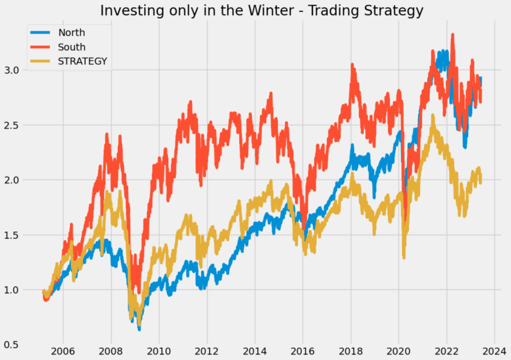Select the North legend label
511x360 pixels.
pos(71,33)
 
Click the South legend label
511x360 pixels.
pos(72,47)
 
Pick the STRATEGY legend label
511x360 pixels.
pos(83,62)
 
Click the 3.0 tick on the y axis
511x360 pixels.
pos(16,70)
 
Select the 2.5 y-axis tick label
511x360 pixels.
pos(16,125)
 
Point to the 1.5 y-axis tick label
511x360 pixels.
pos(16,235)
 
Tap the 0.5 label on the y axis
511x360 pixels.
pos(16,345)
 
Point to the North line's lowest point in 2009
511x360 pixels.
pos(139,329)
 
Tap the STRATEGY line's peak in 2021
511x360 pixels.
pos(433,116)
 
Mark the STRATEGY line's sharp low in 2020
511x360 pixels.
pos(404,257)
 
